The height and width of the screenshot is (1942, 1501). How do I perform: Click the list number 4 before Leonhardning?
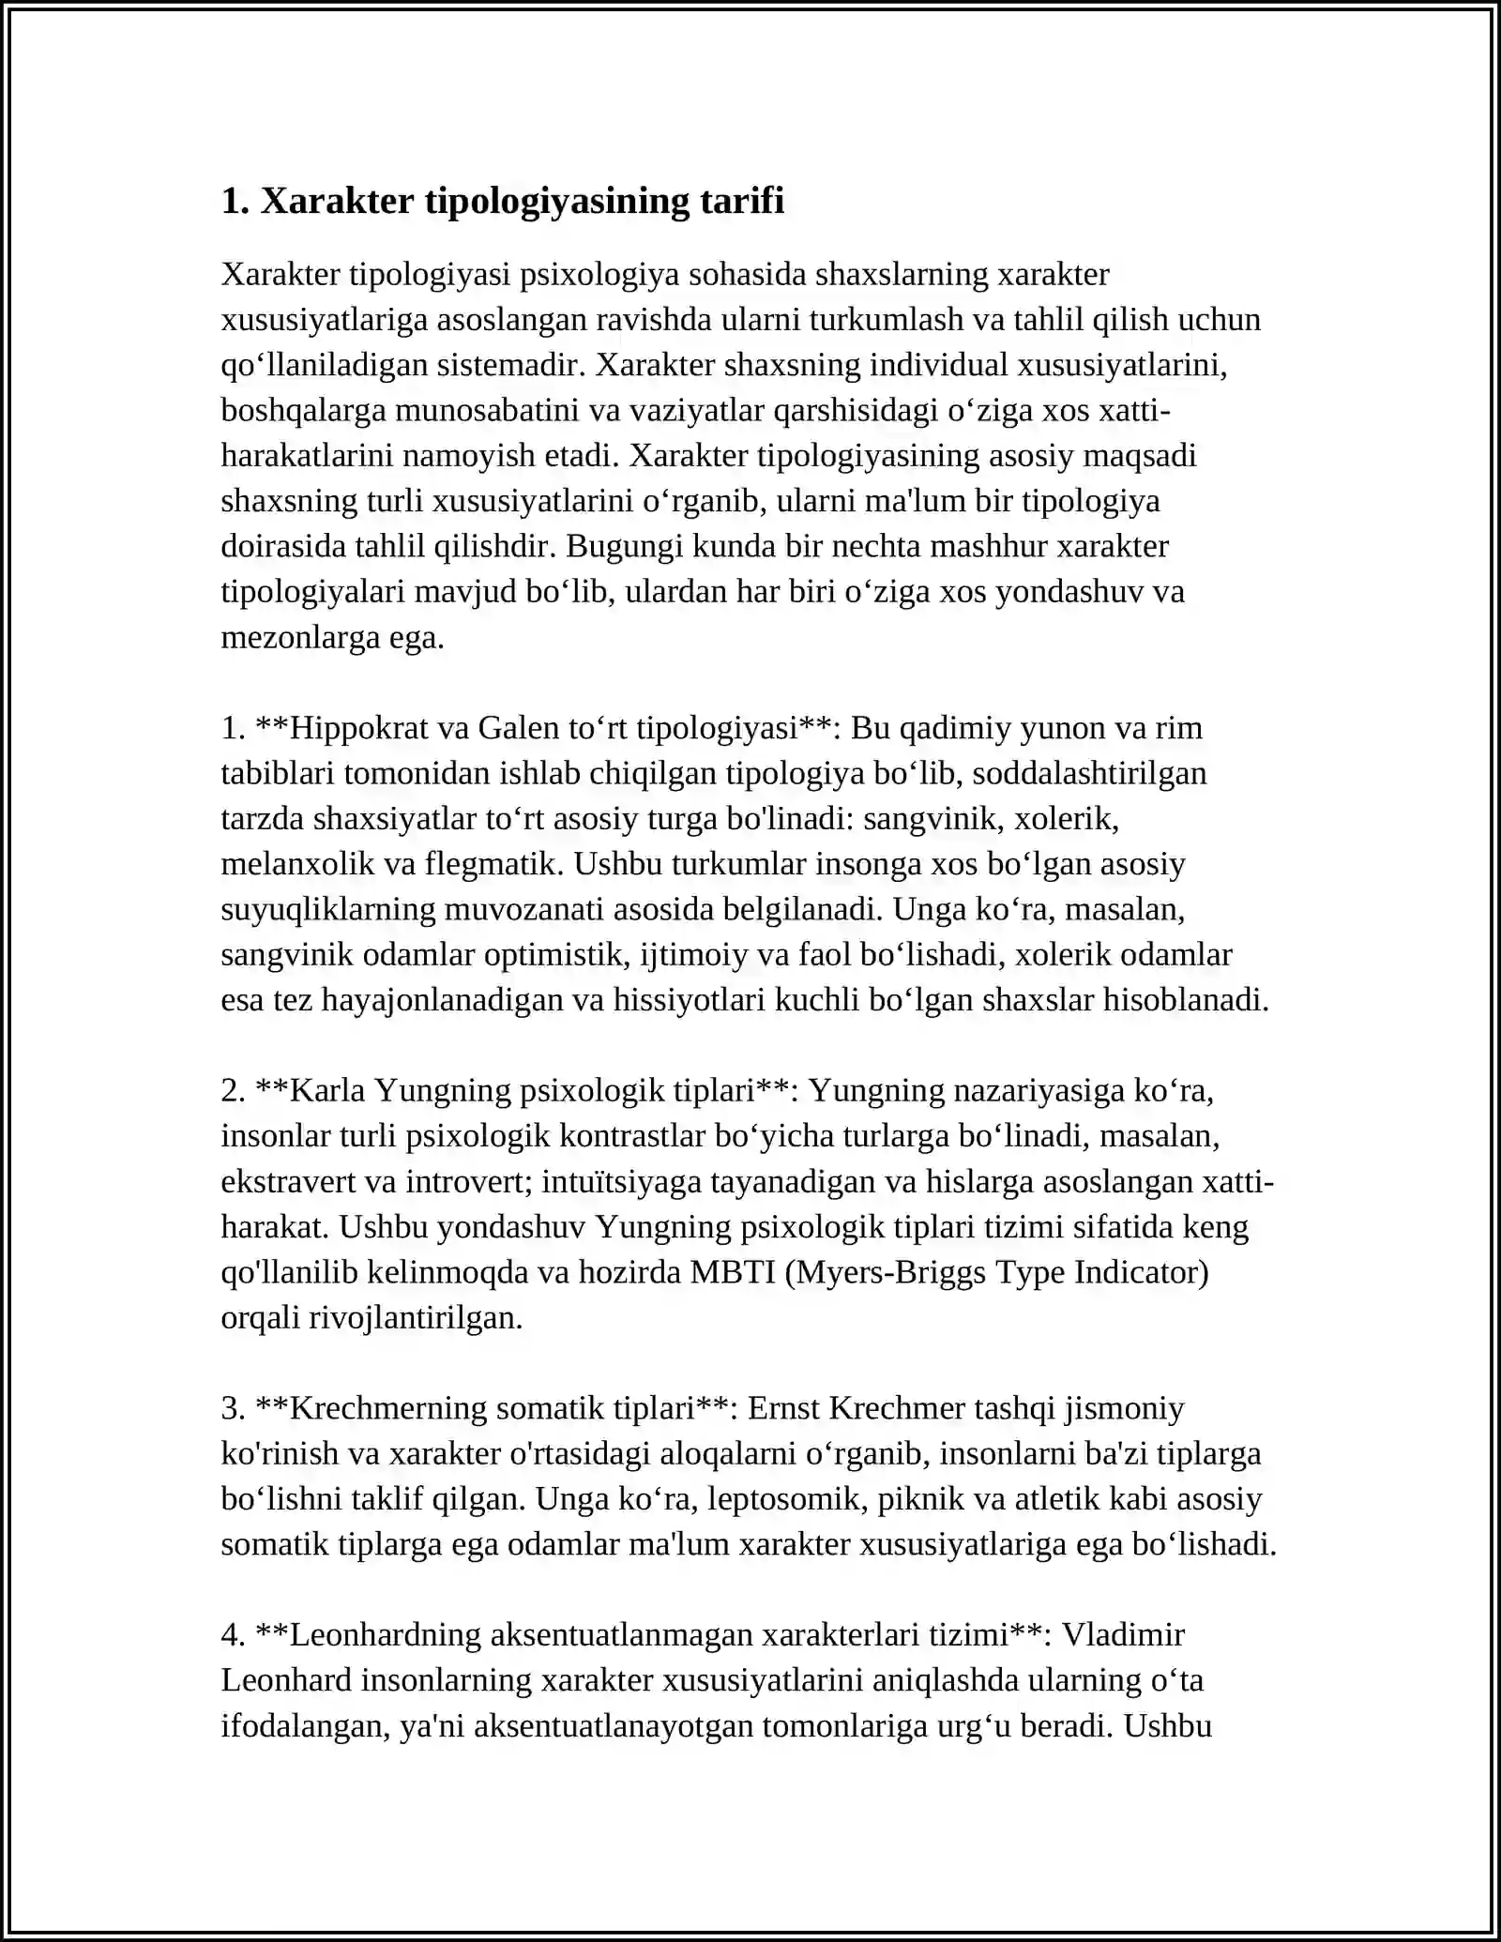230,1635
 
